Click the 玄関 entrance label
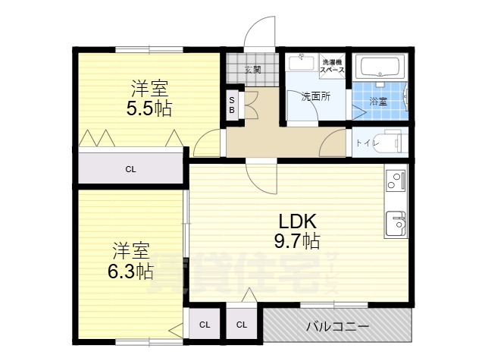point(253,70)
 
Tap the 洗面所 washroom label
point(314,96)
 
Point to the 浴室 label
point(377,101)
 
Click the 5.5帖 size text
point(149,108)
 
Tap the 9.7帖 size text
point(297,241)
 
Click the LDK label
point(297,221)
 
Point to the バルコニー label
point(337,327)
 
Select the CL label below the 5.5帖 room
point(131,168)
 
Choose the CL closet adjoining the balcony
point(241,325)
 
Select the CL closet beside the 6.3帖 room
point(205,325)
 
